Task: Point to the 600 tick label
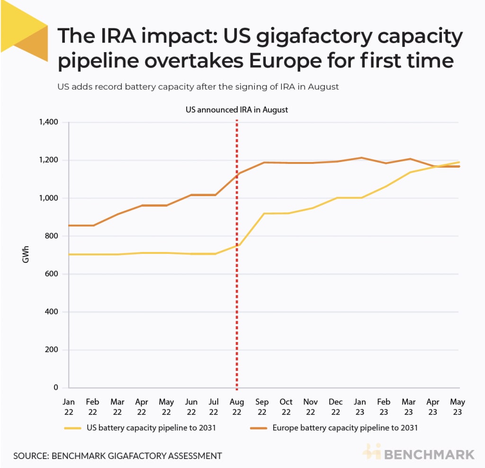pyautogui.click(x=51, y=274)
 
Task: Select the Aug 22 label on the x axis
pyautogui.click(x=236, y=406)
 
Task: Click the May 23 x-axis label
pyautogui.click(x=457, y=406)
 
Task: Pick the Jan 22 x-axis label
pyautogui.click(x=69, y=406)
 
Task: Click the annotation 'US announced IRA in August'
pyautogui.click(x=236, y=109)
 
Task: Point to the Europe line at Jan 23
pyautogui.click(x=360, y=158)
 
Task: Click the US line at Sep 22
pyautogui.click(x=262, y=214)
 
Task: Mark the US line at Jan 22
pyautogui.click(x=70, y=254)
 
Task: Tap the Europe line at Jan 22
pyautogui.click(x=70, y=225)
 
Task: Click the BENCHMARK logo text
pyautogui.click(x=429, y=455)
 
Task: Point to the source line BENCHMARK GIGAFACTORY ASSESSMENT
pyautogui.click(x=117, y=456)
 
